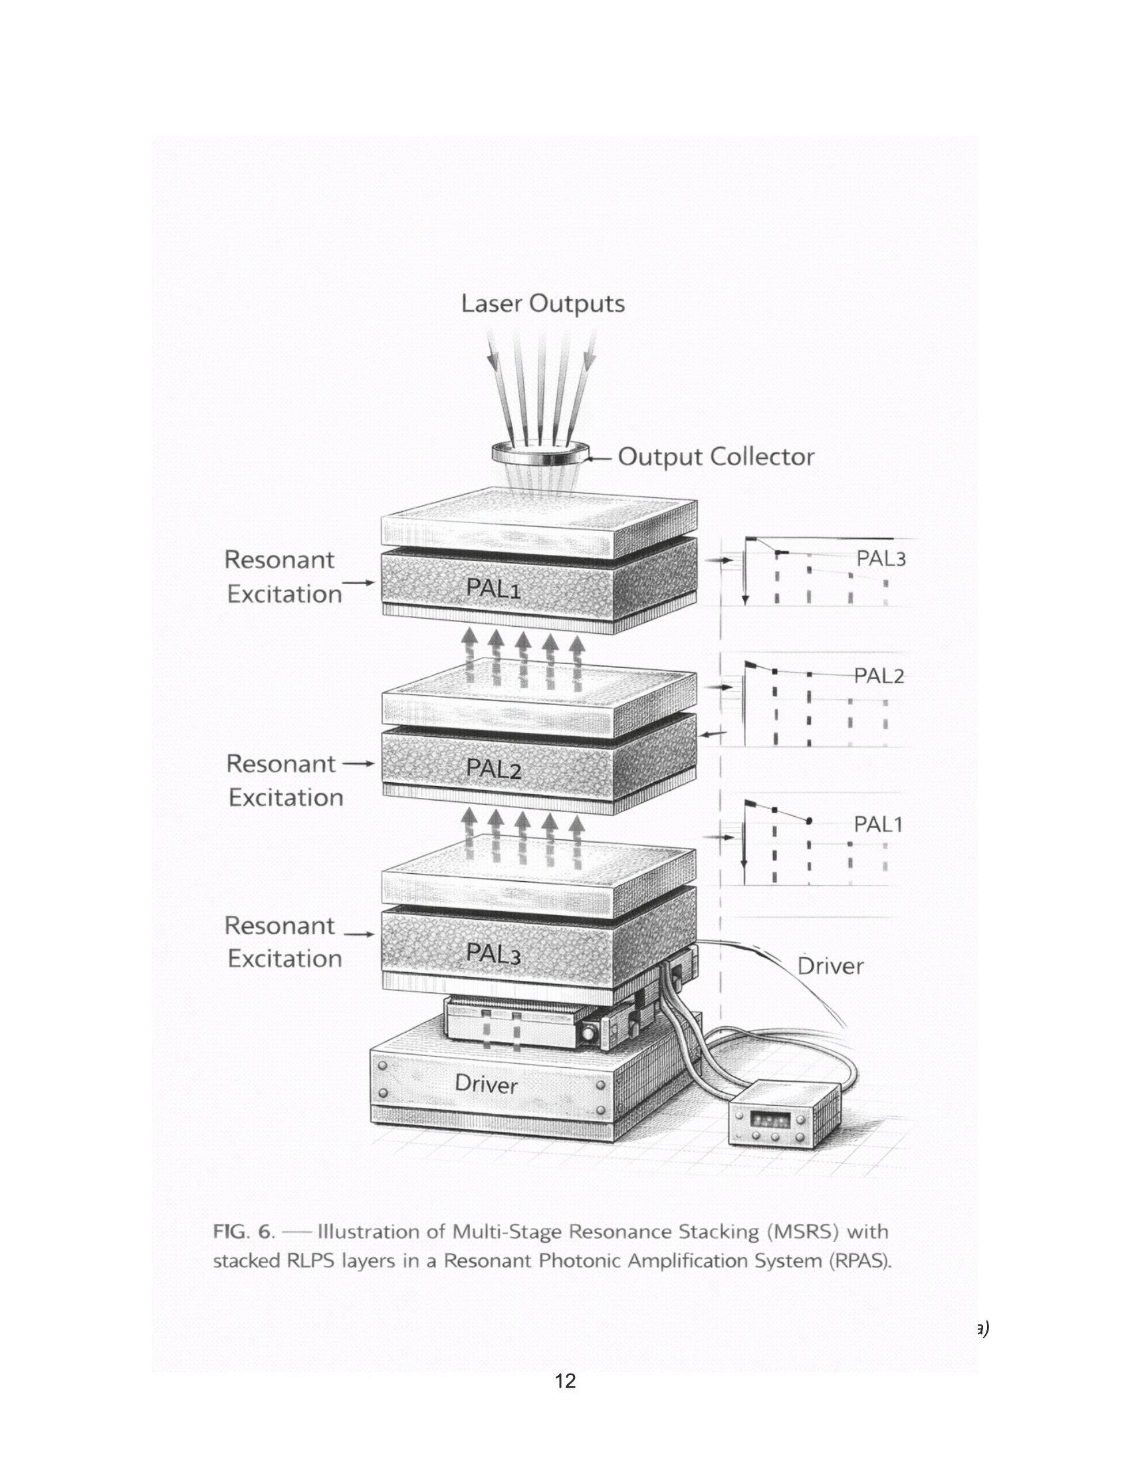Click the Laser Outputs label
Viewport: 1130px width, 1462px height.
pos(543,304)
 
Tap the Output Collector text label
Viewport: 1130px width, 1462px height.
pos(716,457)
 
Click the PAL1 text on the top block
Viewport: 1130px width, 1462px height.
pos(493,588)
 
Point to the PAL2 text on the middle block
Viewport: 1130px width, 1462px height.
pos(493,768)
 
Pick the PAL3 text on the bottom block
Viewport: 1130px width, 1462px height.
pos(493,953)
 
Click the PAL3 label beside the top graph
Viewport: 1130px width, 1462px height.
pos(881,558)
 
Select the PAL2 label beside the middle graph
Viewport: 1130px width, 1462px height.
pos(879,675)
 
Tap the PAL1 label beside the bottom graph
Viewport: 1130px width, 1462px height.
pos(878,824)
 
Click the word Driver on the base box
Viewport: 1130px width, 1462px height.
pos(486,1085)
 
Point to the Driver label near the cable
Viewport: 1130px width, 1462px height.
pos(830,966)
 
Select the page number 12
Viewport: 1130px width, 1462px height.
pos(565,1380)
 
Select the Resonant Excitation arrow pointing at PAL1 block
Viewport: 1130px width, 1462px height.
pos(360,582)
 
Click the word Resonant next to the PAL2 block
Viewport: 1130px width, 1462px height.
pos(281,763)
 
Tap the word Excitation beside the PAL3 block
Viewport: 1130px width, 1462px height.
pos(284,958)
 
